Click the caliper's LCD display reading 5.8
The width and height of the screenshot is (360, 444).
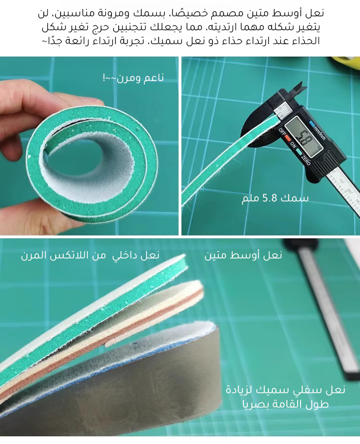point(303,137)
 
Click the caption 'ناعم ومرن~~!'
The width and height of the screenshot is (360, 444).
point(133,77)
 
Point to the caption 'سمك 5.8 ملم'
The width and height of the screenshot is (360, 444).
point(275,198)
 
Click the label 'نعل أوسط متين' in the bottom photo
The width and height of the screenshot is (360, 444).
point(243,255)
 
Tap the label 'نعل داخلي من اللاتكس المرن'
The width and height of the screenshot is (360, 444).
point(90,255)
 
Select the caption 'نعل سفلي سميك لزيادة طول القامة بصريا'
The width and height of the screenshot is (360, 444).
point(285,397)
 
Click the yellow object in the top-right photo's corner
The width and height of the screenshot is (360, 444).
point(346,62)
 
